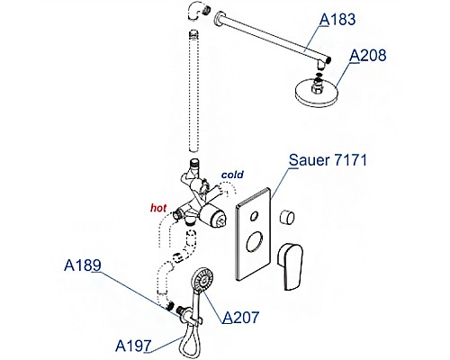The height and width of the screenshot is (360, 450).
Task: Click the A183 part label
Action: tap(337, 20)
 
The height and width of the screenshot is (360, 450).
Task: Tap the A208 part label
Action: tap(368, 56)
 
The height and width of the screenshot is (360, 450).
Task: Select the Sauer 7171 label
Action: tap(328, 160)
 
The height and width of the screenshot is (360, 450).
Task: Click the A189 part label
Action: tap(83, 265)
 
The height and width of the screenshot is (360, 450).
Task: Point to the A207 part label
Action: tap(240, 317)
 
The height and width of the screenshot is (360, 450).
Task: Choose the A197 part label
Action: tap(133, 346)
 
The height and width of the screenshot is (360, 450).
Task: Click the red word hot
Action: tap(158, 208)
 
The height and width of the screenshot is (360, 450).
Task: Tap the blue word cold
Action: tap(232, 175)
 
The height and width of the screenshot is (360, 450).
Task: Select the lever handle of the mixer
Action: tap(291, 266)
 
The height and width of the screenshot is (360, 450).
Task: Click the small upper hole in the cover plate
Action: tap(255, 216)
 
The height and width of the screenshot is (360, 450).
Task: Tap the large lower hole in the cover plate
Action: tap(255, 242)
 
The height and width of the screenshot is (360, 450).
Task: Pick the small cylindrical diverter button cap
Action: tap(287, 217)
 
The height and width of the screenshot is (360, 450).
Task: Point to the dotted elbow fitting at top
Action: tap(198, 13)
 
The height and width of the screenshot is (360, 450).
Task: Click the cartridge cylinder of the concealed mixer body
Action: tap(212, 217)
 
